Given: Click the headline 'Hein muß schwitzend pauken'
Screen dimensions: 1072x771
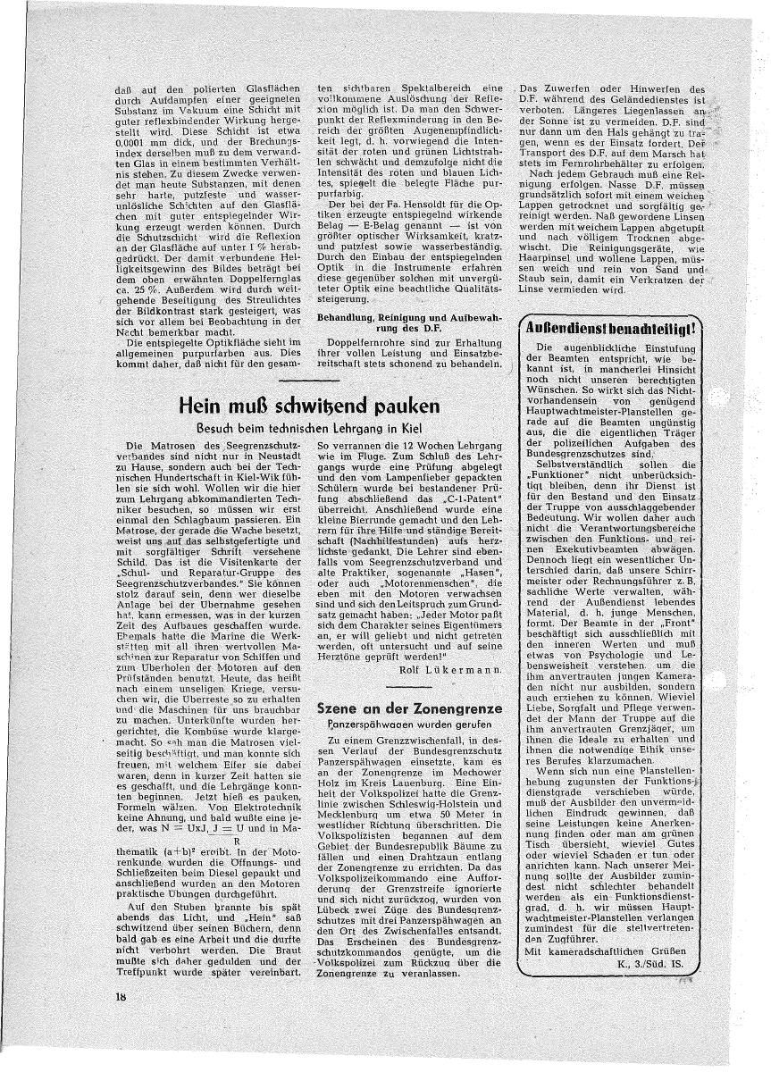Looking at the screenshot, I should (310, 405).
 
